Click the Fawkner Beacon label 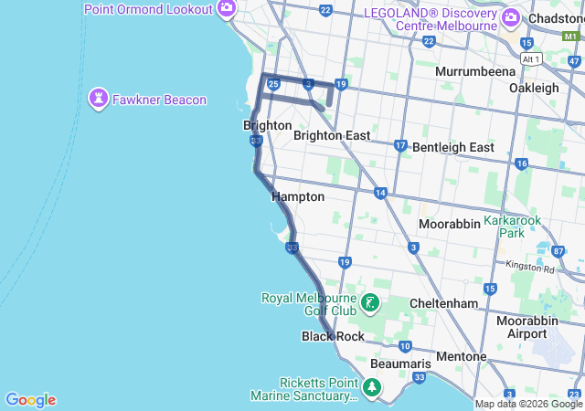[160, 100]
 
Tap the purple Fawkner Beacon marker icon [99, 99]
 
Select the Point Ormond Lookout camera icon [227, 10]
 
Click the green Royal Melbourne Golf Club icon [370, 303]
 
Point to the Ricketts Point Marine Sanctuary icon [371, 388]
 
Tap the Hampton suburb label [298, 196]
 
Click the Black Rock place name [333, 336]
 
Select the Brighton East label [332, 135]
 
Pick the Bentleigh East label [453, 147]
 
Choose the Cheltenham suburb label [445, 303]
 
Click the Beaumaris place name [395, 363]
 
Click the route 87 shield [558, 251]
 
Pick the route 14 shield [380, 193]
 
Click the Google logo [30, 400]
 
